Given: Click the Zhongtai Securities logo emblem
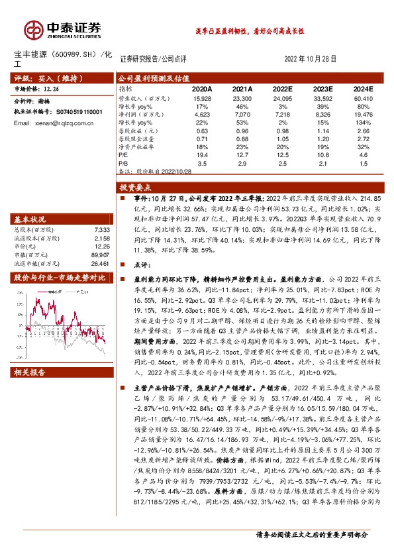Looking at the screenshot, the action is pyautogui.click(x=33, y=28).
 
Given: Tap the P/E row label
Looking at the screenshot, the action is pyautogui.click(x=124, y=153).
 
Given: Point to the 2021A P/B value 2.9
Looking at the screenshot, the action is pyautogui.click(x=243, y=162).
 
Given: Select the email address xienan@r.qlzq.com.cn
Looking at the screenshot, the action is pyautogui.click(x=54, y=123).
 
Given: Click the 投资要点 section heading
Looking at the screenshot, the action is pyautogui.click(x=138, y=188).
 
